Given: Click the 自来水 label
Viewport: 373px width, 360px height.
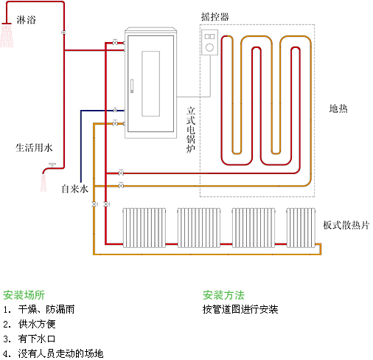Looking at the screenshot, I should (74, 189).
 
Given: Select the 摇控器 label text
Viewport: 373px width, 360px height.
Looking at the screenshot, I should (214, 15).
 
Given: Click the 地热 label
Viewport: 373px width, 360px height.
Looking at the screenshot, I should (338, 108).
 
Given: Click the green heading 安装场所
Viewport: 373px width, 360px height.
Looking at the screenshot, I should (24, 294).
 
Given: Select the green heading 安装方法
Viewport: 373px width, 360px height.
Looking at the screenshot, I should (223, 294).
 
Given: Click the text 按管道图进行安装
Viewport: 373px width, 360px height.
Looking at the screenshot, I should (240, 309).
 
